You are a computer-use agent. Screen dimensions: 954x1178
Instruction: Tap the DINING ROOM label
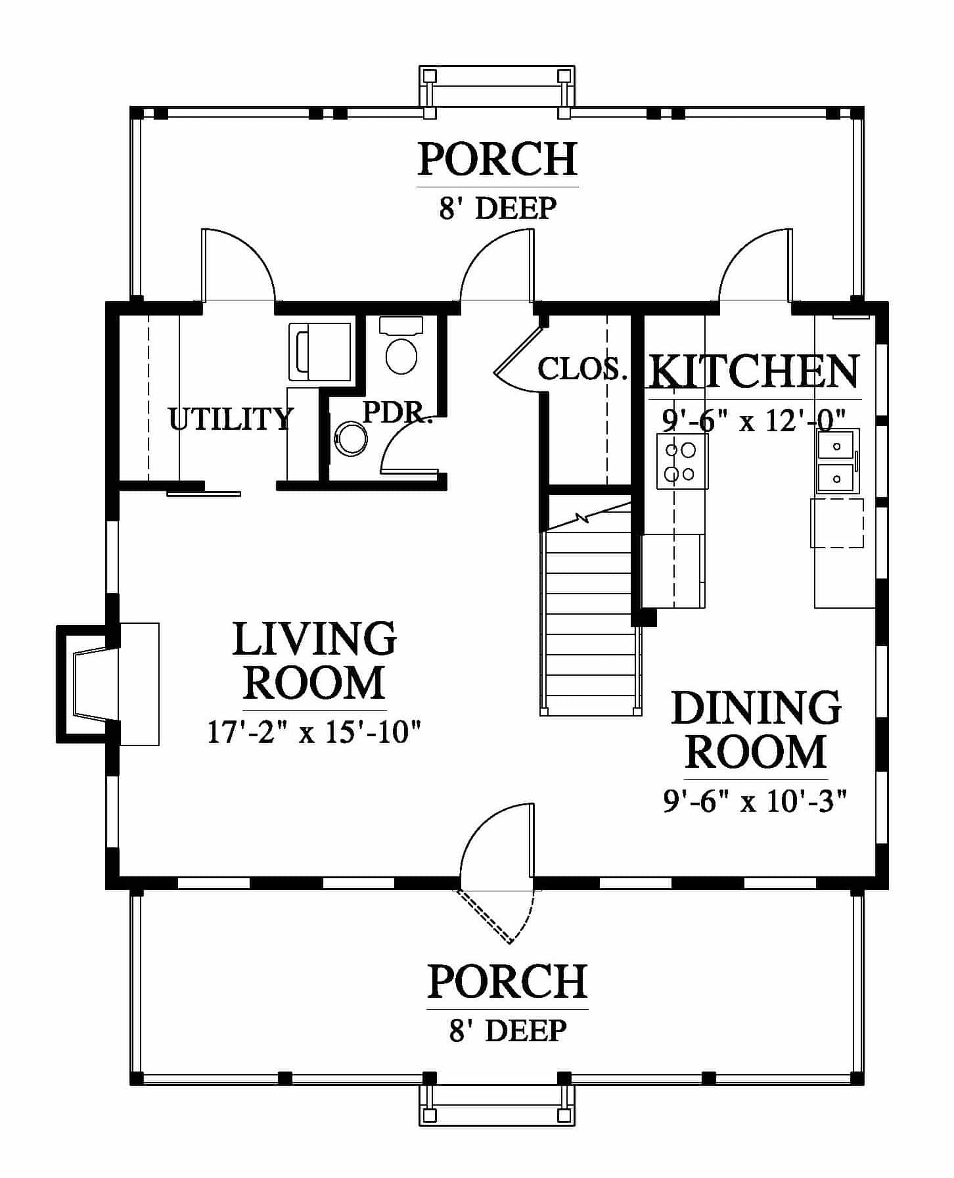click(x=756, y=729)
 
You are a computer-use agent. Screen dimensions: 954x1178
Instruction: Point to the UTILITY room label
click(x=230, y=419)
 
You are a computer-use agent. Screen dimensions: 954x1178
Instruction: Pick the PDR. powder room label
click(x=397, y=412)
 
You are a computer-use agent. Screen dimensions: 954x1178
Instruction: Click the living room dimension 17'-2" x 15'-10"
click(x=314, y=731)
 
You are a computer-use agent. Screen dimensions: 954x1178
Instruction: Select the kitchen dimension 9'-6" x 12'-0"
click(x=754, y=419)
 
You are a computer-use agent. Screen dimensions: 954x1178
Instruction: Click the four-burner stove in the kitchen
click(x=683, y=461)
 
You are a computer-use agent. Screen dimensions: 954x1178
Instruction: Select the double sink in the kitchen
click(x=837, y=461)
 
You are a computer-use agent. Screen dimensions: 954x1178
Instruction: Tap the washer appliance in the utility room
click(x=320, y=352)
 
